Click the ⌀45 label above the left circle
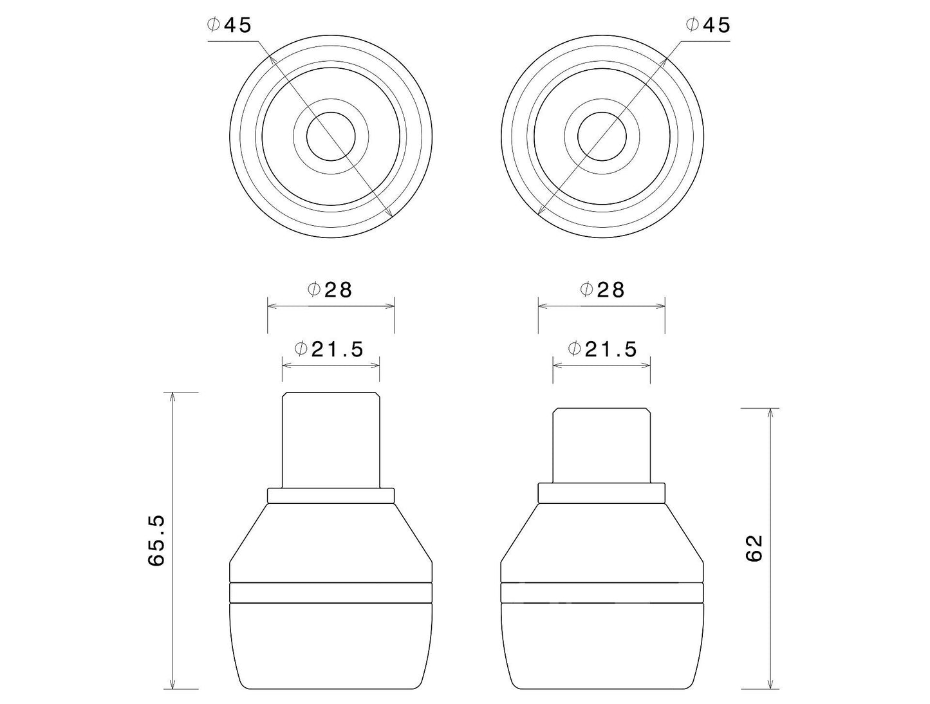pyautogui.click(x=229, y=25)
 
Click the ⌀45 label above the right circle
pyautogui.click(x=708, y=25)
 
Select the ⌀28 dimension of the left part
pyautogui.click(x=330, y=290)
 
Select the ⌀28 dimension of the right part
pyautogui.click(x=602, y=290)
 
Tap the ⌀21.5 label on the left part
pyautogui.click(x=329, y=349)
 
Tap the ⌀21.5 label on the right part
pyautogui.click(x=602, y=349)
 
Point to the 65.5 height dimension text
pyautogui.click(x=156, y=539)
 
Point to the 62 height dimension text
pyautogui.click(x=753, y=548)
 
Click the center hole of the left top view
pyautogui.click(x=330, y=136)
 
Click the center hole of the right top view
pyautogui.click(x=602, y=136)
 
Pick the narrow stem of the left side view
pyautogui.click(x=330, y=439)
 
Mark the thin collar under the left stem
pyautogui.click(x=330, y=495)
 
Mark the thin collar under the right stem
pyautogui.click(x=602, y=493)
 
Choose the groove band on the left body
pyautogui.click(x=330, y=593)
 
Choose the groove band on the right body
pyautogui.click(x=602, y=593)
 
